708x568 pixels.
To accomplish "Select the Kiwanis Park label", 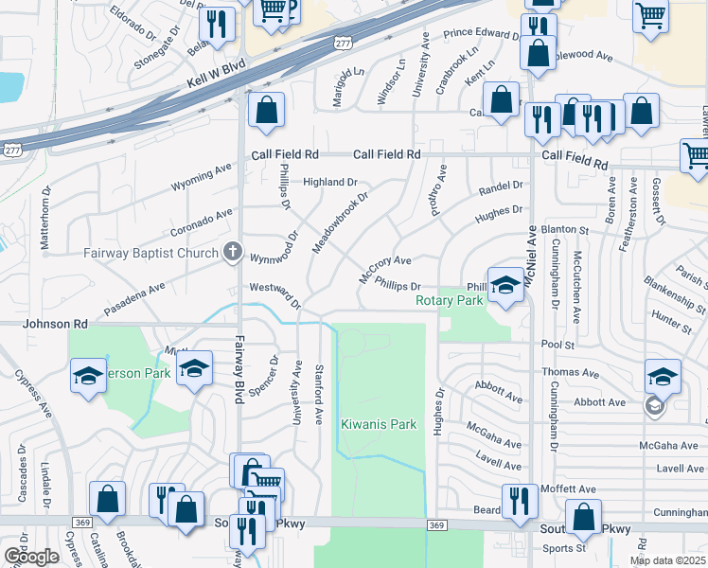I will (x=379, y=425).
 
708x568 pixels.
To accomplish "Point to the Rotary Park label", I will (x=450, y=300).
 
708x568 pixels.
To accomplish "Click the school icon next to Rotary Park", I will (x=506, y=287).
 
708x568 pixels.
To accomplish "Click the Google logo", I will (x=30, y=557).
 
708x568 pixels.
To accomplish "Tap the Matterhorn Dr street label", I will (x=44, y=224).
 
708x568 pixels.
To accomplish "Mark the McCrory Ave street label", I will (x=384, y=268).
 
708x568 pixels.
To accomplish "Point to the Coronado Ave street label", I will (x=201, y=222).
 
